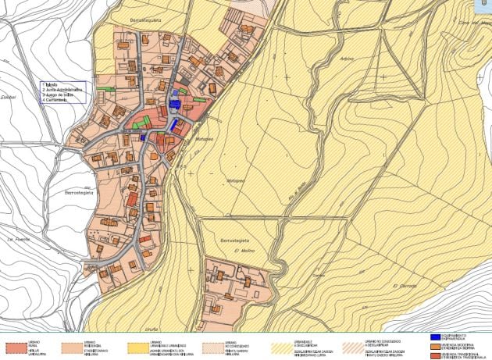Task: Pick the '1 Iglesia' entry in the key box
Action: click(x=52, y=84)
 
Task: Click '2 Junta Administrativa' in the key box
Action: click(x=63, y=89)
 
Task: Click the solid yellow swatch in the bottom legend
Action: click(x=139, y=344)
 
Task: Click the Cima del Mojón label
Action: click(x=475, y=24)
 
